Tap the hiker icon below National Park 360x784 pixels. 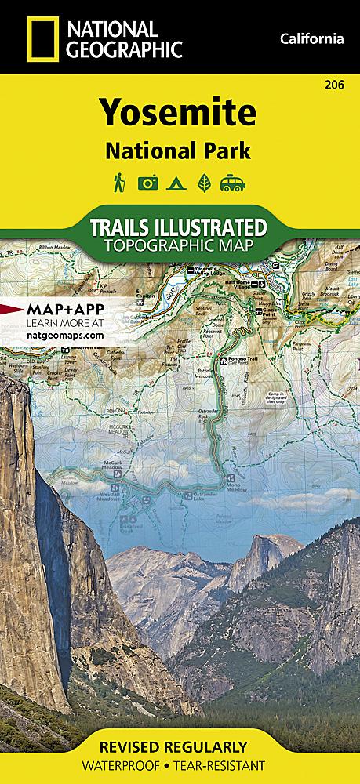tap(120, 183)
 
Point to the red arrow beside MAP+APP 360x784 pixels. tap(11, 310)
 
